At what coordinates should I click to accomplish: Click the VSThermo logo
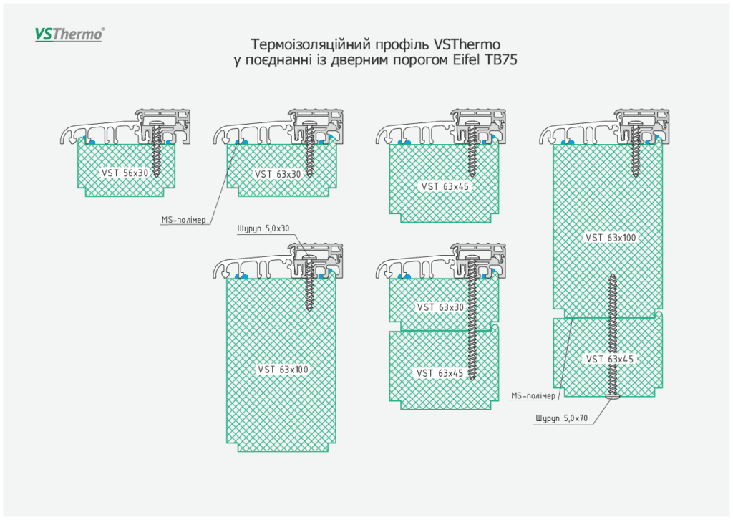(x=69, y=34)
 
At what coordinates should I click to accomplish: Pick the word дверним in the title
(x=359, y=60)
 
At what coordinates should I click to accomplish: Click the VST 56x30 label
(x=125, y=173)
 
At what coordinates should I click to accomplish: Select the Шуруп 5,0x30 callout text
(x=262, y=229)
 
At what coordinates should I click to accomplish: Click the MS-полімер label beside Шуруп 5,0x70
(x=533, y=396)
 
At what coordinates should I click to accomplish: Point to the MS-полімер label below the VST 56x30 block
(x=183, y=221)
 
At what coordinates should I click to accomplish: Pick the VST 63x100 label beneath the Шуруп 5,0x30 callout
(x=283, y=370)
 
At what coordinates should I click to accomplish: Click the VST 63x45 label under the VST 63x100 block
(x=608, y=359)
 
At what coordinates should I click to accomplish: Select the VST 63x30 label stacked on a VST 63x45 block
(x=440, y=307)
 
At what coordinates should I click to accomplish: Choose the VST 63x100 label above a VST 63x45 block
(x=611, y=238)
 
